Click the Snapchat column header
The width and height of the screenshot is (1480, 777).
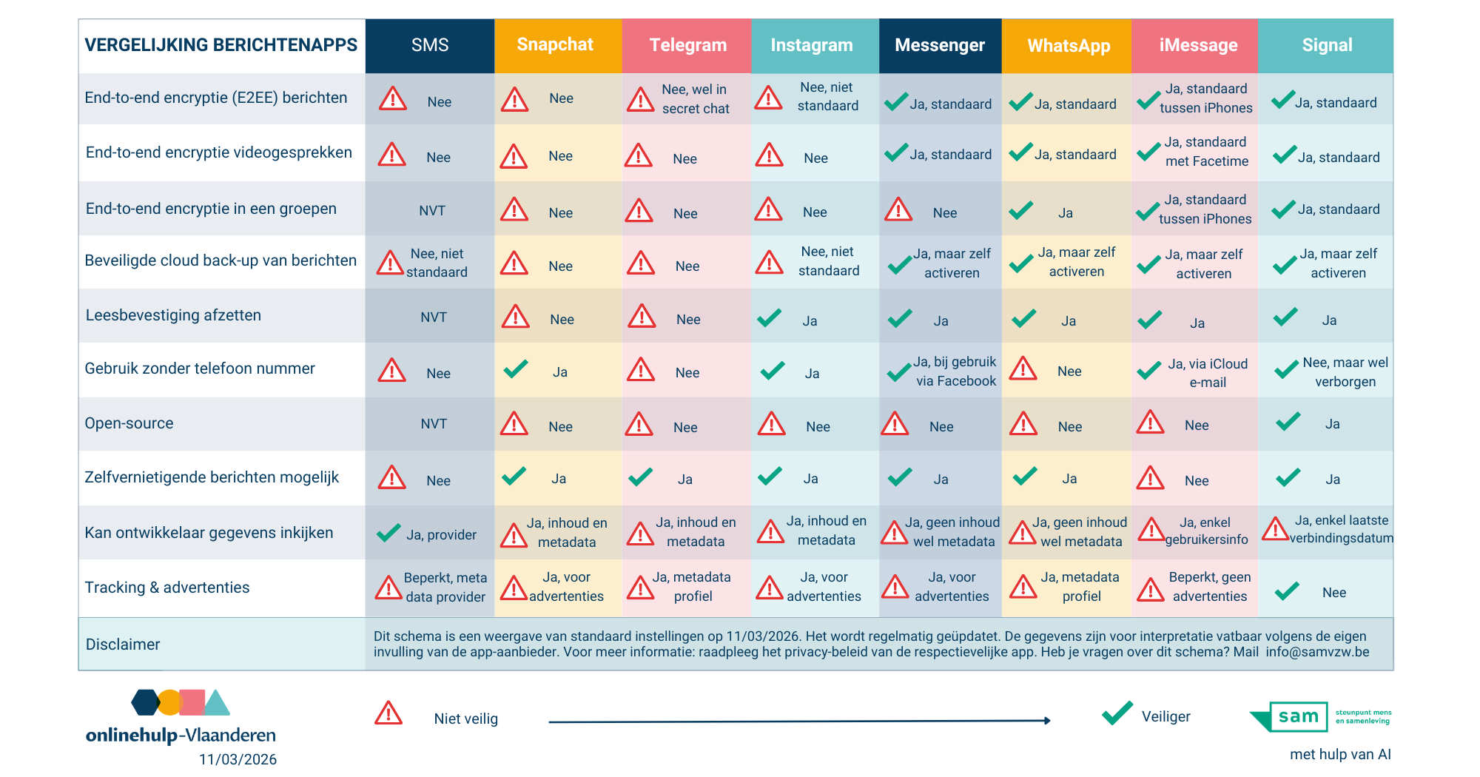click(555, 45)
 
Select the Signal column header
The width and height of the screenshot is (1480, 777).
click(1327, 45)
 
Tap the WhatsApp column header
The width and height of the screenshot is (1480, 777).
click(1069, 46)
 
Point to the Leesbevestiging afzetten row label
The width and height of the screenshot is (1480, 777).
click(173, 315)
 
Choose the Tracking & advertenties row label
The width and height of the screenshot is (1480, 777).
click(167, 588)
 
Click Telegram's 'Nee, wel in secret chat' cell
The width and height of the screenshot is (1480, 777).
click(694, 99)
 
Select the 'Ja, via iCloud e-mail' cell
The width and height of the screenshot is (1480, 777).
click(1207, 373)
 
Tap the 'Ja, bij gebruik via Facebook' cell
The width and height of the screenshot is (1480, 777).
click(955, 371)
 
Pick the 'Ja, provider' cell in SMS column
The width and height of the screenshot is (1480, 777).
click(441, 535)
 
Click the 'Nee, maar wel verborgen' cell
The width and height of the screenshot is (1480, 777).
click(1345, 372)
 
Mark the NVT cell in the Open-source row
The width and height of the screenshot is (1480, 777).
click(434, 424)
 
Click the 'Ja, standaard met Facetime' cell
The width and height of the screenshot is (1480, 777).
click(1205, 152)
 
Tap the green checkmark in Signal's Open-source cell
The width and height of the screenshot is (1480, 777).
click(1288, 422)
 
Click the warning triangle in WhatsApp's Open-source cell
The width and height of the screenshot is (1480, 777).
click(1023, 424)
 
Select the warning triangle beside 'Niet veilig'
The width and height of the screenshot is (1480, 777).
click(388, 714)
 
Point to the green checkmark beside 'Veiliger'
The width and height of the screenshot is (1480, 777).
click(1117, 713)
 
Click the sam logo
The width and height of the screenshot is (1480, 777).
click(1298, 716)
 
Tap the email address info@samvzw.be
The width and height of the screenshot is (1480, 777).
click(1317, 652)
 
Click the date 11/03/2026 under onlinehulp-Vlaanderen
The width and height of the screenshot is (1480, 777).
click(238, 759)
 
